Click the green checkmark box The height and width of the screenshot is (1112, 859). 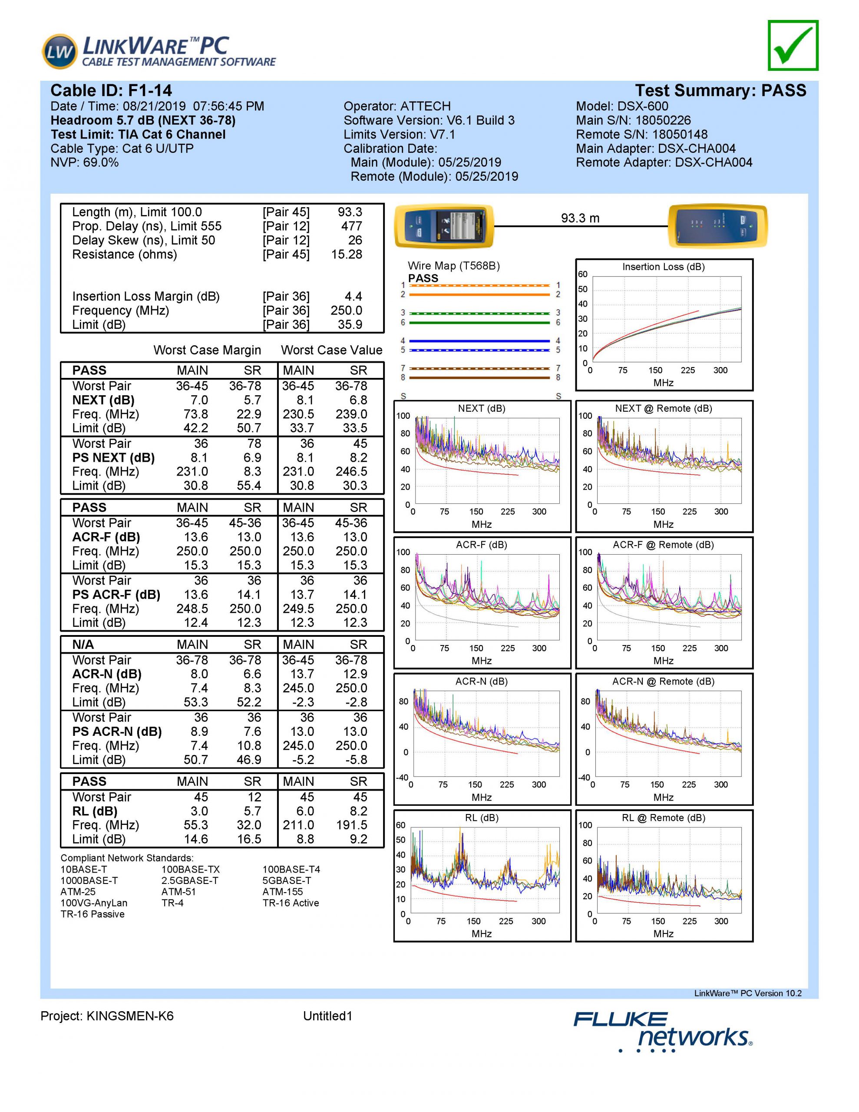pos(793,45)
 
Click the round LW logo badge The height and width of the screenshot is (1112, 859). pos(59,51)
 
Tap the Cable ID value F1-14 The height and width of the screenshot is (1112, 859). pos(150,91)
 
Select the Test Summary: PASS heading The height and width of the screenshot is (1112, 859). pos(720,91)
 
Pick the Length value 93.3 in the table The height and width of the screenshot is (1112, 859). pos(350,212)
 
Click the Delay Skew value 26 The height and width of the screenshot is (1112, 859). pos(355,240)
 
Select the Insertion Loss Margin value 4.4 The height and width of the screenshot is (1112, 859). pos(354,296)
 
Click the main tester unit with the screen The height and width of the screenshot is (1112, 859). pos(444,226)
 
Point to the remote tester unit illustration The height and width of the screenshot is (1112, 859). pos(717,226)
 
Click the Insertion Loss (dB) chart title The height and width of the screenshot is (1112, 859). pos(663,267)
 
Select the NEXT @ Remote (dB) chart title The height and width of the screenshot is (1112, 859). pos(663,408)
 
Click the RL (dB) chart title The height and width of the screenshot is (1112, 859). pos(481,817)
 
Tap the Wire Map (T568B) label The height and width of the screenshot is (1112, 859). pos(454,266)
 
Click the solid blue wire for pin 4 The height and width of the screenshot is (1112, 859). pos(479,341)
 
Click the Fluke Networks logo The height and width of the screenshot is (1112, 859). pos(662,1033)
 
